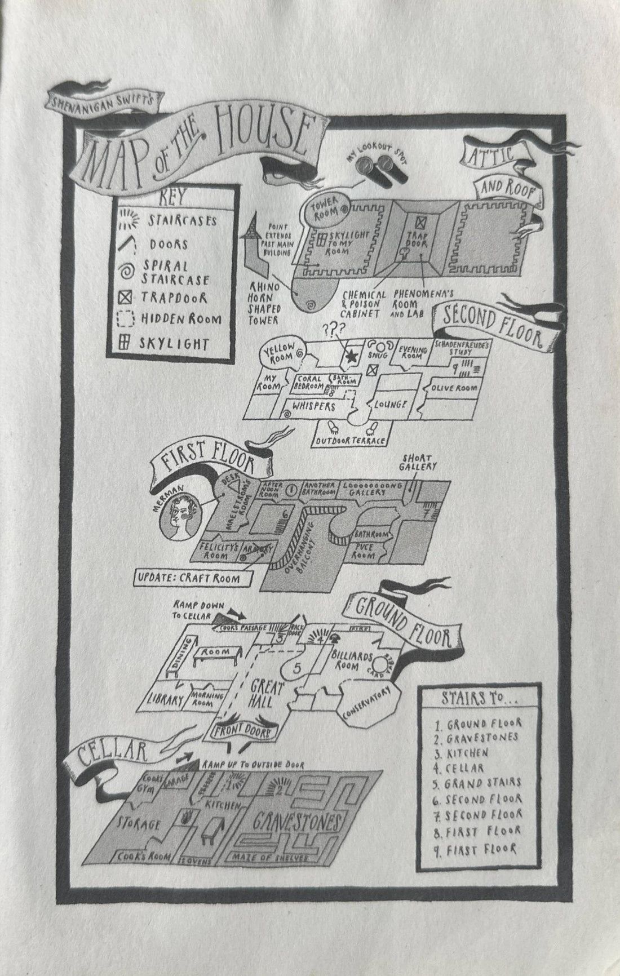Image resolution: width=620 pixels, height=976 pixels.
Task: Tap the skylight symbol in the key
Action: pyautogui.click(x=124, y=343)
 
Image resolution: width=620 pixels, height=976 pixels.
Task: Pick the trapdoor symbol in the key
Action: pyautogui.click(x=124, y=297)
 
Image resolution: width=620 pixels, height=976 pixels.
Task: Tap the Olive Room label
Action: pyautogui.click(x=454, y=388)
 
